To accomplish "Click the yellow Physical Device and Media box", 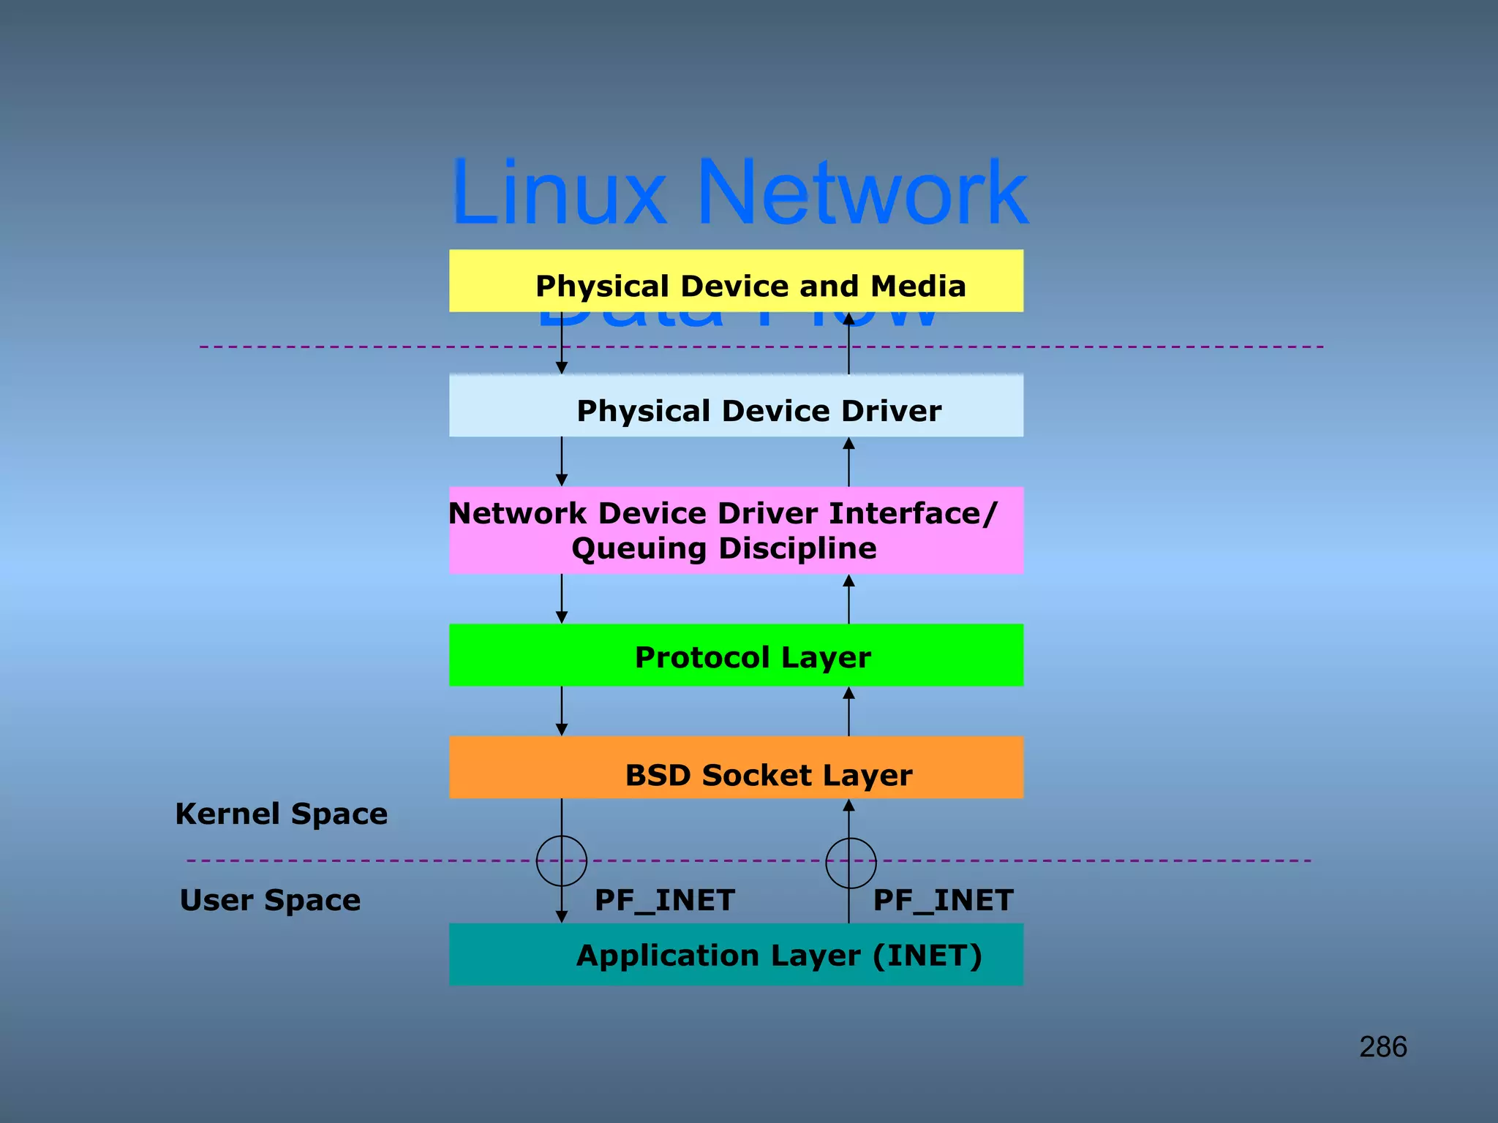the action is (736, 281).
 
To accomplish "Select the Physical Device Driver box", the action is (736, 407).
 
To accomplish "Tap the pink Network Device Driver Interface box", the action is (736, 530).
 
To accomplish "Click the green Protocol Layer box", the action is (736, 655).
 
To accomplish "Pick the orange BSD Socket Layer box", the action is (736, 768).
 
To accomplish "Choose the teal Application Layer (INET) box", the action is (736, 955).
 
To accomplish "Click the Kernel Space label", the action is (282, 814).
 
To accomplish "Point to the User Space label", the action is (271, 900).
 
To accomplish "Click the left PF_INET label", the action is (665, 900).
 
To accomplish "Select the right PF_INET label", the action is (944, 900).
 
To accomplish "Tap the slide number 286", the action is (1383, 1047).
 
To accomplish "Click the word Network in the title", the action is (863, 193).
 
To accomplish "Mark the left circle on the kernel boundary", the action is (562, 861).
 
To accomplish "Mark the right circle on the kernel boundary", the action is (851, 863).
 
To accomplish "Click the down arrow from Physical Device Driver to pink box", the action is (562, 461).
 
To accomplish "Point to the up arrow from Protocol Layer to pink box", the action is (848, 599).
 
